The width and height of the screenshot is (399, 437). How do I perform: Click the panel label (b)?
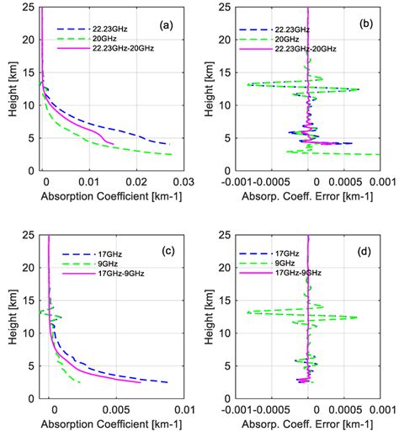[366, 24]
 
